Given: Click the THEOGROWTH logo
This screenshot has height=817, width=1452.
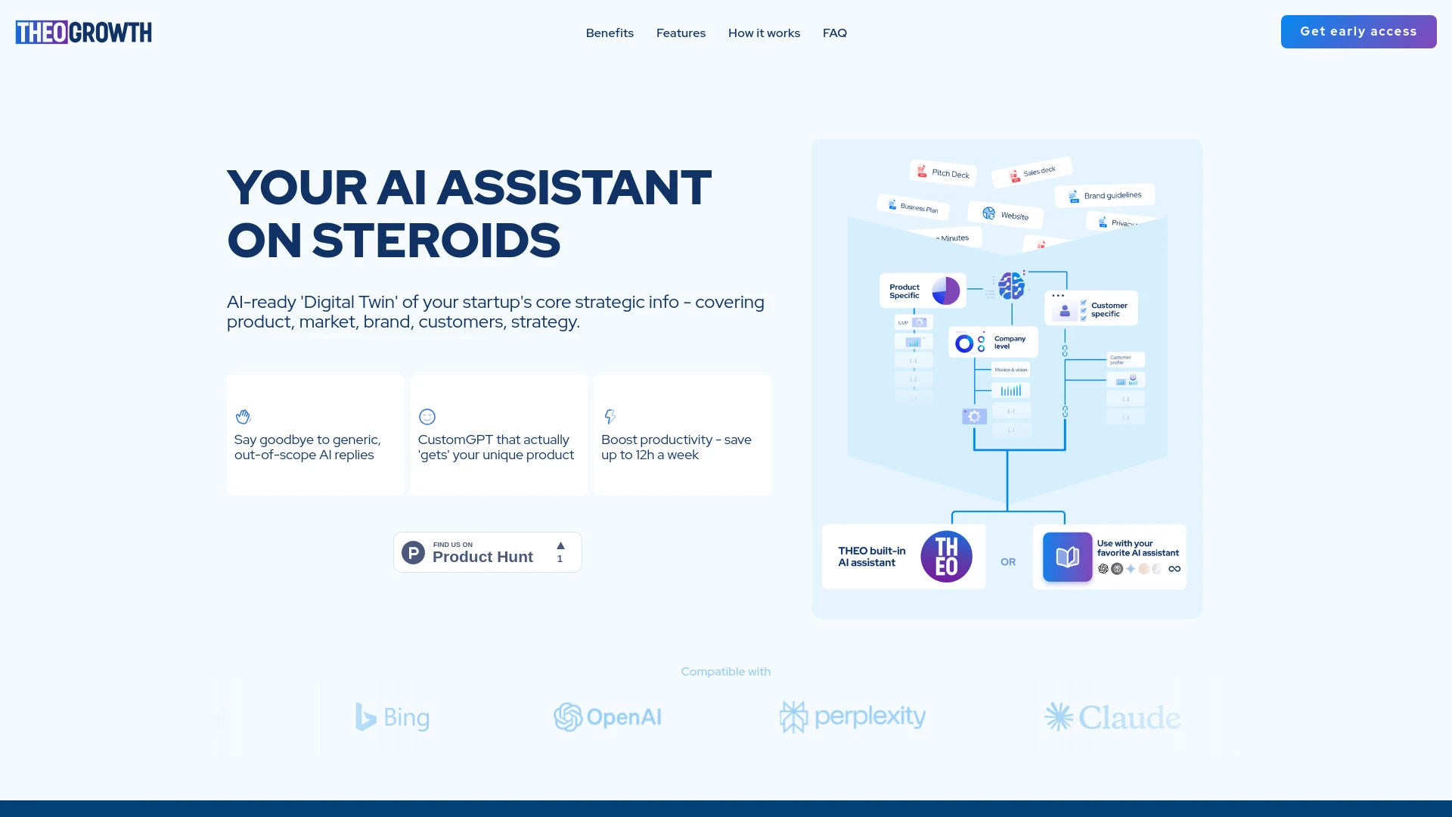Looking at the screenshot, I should [x=83, y=33].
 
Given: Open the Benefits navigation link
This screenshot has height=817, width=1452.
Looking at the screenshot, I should [x=610, y=33].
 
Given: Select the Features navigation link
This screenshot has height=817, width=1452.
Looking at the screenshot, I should [x=681, y=33].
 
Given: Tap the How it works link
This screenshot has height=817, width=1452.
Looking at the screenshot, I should [x=764, y=33].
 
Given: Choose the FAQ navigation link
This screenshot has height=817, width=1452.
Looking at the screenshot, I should [x=835, y=33].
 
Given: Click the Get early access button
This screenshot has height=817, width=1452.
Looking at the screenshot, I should [x=1358, y=32].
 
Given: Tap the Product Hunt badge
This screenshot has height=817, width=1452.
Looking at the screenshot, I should [x=487, y=552].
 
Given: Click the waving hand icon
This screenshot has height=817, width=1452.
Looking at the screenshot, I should [x=243, y=417].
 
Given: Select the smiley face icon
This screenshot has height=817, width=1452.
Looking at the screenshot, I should [x=427, y=417].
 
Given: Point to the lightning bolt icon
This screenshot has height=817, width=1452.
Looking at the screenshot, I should [x=610, y=417].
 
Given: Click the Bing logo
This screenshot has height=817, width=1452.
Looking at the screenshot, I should [x=392, y=717].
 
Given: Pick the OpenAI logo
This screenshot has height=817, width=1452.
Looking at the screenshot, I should [x=607, y=717].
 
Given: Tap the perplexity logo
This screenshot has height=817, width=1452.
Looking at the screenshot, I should [x=852, y=716].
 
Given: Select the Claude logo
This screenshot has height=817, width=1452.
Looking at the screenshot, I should [x=1112, y=717].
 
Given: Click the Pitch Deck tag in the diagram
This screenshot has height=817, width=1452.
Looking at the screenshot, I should [x=942, y=173].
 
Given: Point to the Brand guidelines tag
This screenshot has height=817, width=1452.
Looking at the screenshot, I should [x=1105, y=196].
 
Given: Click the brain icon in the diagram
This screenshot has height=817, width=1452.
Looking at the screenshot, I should [x=1011, y=286].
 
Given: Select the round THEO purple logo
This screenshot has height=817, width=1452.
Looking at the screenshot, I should [x=946, y=557].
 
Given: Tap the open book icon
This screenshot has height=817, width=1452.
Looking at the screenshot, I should [x=1067, y=558].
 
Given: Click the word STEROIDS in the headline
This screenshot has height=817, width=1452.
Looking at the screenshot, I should [x=436, y=241].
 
